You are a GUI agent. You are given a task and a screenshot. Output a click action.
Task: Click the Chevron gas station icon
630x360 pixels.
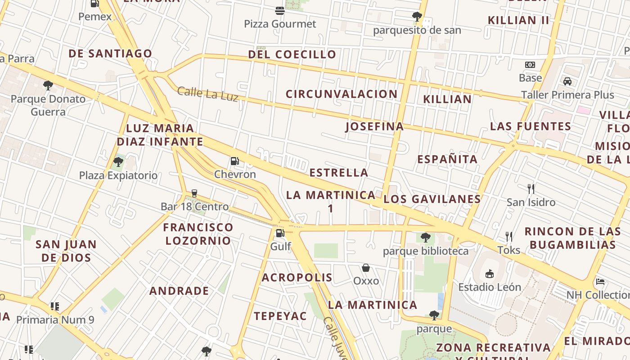click(x=234, y=161)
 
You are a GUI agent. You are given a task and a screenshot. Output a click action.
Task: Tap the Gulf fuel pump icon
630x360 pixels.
click(x=280, y=233)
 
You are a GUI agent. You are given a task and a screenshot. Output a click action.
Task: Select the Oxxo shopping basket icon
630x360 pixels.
click(x=366, y=268)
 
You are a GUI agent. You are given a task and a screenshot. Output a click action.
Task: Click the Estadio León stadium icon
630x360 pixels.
click(x=489, y=274)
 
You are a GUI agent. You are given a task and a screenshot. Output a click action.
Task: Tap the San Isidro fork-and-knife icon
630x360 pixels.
click(x=531, y=189)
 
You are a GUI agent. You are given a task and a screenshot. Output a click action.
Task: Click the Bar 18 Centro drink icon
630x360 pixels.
click(x=194, y=193)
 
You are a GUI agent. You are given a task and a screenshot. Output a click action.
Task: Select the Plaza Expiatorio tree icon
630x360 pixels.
click(x=118, y=162)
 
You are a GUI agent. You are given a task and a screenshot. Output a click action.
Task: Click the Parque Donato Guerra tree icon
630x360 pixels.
click(x=48, y=85)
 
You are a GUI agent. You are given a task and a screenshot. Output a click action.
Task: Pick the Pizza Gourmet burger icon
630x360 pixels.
click(x=280, y=10)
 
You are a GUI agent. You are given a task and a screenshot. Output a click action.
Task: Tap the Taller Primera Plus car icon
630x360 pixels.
click(x=567, y=81)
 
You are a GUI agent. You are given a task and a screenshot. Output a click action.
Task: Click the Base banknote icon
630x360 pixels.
click(x=530, y=65)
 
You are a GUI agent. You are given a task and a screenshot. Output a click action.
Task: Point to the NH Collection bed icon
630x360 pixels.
click(x=600, y=282)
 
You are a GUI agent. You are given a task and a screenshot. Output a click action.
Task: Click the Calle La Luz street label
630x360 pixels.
click(x=207, y=94)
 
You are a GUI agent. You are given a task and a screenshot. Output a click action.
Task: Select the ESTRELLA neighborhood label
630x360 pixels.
click(x=339, y=172)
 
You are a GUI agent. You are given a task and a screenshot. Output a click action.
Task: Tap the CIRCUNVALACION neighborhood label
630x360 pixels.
click(x=342, y=94)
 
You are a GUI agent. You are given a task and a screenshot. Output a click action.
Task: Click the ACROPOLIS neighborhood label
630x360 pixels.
click(x=297, y=277)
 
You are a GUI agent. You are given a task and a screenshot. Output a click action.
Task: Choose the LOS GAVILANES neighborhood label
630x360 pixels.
click(x=432, y=199)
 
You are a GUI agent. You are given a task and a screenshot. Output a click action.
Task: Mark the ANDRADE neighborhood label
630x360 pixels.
click(x=179, y=291)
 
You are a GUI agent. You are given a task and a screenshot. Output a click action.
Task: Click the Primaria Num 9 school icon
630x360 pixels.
click(x=55, y=306)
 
